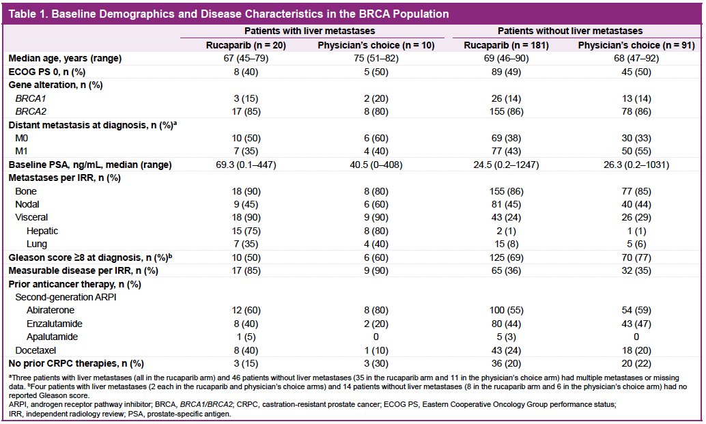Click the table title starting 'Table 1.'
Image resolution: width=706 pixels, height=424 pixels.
pos(229,14)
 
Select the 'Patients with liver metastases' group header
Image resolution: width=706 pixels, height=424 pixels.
pos(310,31)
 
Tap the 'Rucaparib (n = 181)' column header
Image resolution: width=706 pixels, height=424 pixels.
pos(506,46)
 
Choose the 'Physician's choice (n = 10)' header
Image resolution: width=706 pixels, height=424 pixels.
pos(376,46)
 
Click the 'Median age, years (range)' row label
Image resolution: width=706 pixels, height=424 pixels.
pos(66,59)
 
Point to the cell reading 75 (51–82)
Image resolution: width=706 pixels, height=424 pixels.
pos(376,59)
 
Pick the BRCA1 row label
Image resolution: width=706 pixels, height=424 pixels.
pos(31,98)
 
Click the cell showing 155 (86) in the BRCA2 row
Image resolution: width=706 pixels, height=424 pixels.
pos(506,111)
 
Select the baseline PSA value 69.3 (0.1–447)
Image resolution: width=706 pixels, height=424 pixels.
pos(246,165)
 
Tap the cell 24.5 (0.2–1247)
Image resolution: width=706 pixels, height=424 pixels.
pos(506,165)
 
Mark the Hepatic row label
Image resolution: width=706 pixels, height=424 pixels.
pos(42,231)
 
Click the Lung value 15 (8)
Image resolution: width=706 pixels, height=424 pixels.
pos(506,244)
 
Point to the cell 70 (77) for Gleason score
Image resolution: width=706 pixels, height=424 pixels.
pos(636,257)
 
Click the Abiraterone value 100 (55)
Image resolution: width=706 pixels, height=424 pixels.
pos(506,310)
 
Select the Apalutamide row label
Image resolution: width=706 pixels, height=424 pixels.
pos(52,337)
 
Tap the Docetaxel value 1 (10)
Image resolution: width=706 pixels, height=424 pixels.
pos(376,350)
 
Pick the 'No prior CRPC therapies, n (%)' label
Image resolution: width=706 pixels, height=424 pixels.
pos(76,364)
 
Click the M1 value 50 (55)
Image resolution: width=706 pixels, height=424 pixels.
pos(636,152)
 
